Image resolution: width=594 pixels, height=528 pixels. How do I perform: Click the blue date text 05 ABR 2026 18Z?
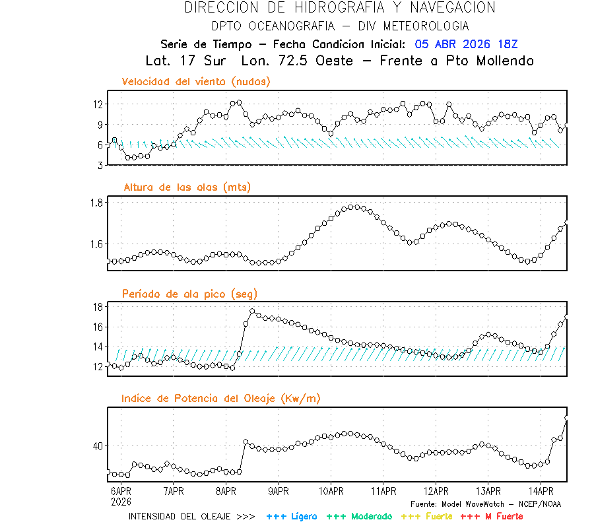pyautogui.click(x=467, y=44)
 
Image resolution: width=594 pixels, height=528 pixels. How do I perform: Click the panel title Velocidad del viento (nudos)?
pyautogui.click(x=196, y=81)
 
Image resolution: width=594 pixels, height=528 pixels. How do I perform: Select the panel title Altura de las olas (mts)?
pyautogui.click(x=187, y=187)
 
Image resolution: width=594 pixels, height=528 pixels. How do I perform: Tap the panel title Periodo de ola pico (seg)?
pyautogui.click(x=189, y=294)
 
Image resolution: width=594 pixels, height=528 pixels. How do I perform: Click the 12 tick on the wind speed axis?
pyautogui.click(x=98, y=104)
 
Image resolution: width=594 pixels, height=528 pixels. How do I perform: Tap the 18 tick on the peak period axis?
pyautogui.click(x=98, y=307)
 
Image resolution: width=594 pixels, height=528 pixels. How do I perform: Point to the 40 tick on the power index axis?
pyautogui.click(x=98, y=446)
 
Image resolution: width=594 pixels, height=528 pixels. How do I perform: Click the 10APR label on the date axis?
pyautogui.click(x=331, y=492)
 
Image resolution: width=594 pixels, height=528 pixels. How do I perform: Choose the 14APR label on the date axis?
pyautogui.click(x=541, y=492)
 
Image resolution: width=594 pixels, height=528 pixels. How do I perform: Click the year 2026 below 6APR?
pyautogui.click(x=120, y=502)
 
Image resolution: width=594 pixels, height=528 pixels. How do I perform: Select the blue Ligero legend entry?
pyautogui.click(x=292, y=516)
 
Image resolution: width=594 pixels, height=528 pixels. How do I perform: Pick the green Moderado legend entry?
pyautogui.click(x=360, y=516)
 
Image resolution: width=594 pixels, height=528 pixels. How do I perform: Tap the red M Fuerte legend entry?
pyautogui.click(x=491, y=516)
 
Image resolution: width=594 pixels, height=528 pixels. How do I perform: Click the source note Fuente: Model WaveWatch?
pyautogui.click(x=485, y=504)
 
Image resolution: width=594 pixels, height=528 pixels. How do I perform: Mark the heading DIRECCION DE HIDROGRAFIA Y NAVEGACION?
pyautogui.click(x=340, y=8)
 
